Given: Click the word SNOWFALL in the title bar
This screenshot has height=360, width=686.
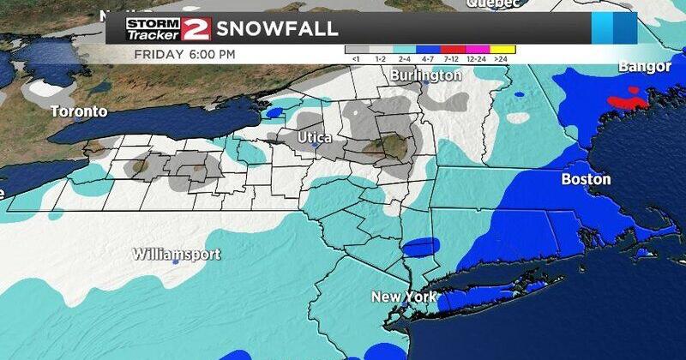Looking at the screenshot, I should [277, 27].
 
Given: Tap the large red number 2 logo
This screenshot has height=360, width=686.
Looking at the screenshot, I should [196, 28].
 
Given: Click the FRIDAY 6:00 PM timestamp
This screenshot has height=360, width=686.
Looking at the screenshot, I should [185, 54].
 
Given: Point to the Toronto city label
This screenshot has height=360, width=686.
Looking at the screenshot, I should [79, 111].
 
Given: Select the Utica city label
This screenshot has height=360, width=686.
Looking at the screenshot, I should [315, 137].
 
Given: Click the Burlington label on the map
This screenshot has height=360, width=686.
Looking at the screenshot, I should [425, 75].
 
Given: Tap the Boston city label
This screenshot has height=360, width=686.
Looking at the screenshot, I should [586, 179].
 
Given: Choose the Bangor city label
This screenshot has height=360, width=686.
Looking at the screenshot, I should [644, 66].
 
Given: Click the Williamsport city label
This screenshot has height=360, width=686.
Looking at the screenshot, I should [177, 254].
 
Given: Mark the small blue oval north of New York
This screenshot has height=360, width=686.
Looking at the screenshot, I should [418, 249].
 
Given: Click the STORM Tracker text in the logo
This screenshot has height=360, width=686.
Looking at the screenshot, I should [150, 29].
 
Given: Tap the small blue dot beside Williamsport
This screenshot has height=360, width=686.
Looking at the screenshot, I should [175, 262].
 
